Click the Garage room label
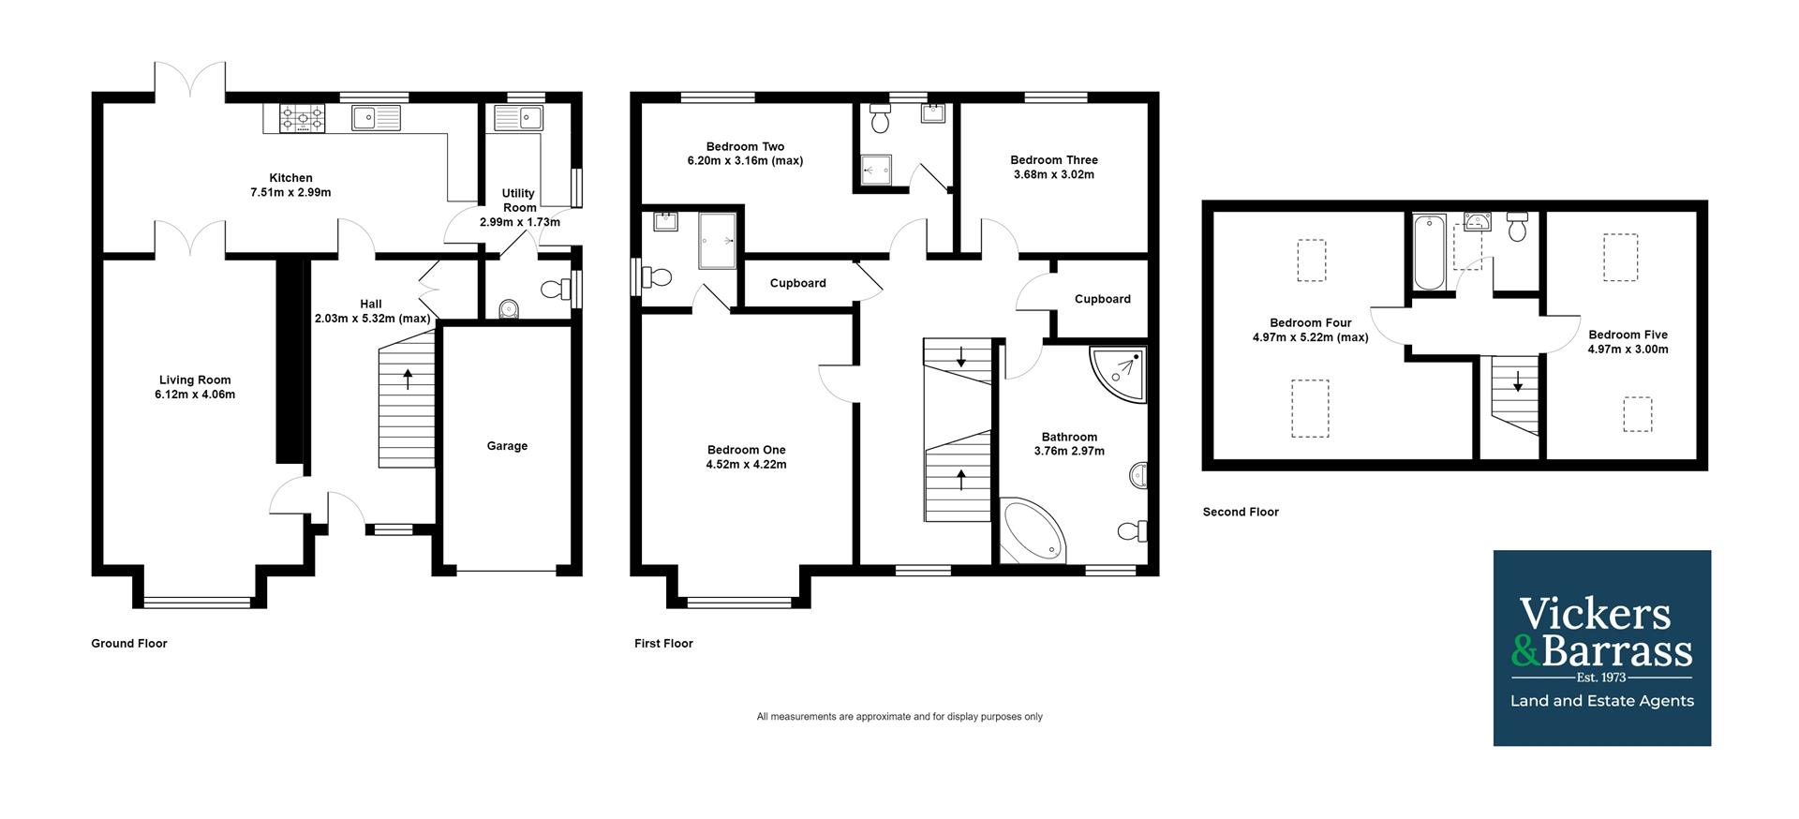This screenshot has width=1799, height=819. coord(507,446)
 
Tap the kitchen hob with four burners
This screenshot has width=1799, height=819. coord(303,118)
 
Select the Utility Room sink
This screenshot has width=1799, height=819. coord(517,118)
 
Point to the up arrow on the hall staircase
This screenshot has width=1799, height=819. coord(408,379)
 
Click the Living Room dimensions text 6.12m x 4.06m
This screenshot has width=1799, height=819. coord(195,395)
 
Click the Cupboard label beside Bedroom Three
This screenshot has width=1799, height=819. coord(1102,299)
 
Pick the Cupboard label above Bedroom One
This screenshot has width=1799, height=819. coord(797,283)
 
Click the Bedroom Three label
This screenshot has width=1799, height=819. coord(1053,160)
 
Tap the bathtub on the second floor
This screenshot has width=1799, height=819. coord(1429,252)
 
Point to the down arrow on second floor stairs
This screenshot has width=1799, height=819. coord(1518,382)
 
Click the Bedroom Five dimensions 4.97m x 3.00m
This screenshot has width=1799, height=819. coord(1628,350)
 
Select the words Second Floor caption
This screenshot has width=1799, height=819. coord(1241,512)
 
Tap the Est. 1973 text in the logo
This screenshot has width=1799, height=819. coord(1600,677)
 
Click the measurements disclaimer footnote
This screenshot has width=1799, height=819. coord(899,717)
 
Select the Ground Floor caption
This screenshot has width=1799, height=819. coord(129,644)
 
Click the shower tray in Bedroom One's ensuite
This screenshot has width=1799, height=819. coord(718,241)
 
